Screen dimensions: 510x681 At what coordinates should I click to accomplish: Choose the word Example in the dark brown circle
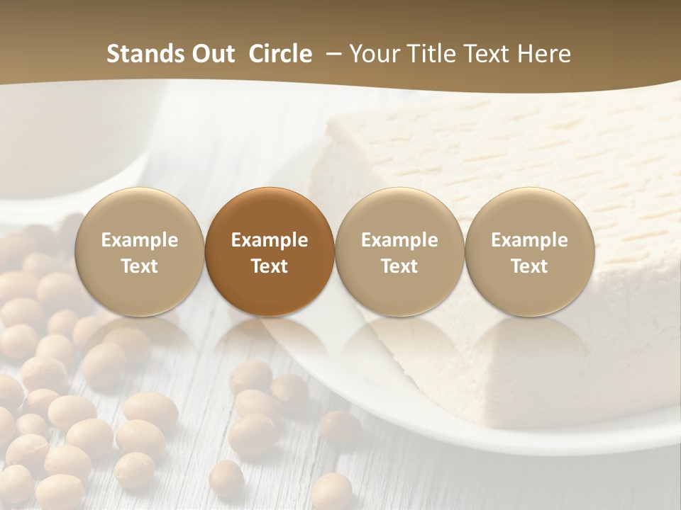pos(270,240)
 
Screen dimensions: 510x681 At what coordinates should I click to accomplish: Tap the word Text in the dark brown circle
pos(270,266)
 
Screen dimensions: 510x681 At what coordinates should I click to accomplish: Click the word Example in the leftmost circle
pos(140,240)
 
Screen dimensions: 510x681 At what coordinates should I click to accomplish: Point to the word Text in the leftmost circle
pos(140,266)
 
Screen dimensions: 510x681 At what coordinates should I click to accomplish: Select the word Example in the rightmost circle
pos(529,240)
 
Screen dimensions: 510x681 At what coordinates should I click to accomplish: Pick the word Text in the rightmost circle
pos(529,266)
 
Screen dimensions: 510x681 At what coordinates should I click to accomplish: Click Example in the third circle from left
pos(399,240)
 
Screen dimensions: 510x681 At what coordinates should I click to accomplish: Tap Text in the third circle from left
pos(399,266)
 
